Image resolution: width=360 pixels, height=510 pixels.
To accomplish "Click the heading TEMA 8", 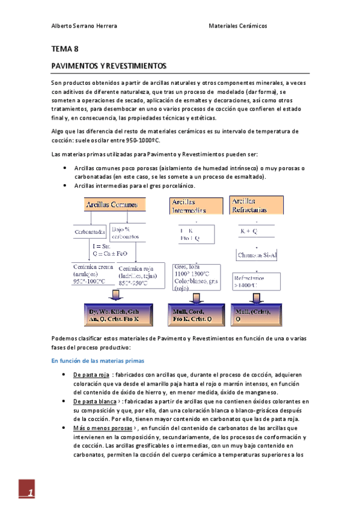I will click(64, 49).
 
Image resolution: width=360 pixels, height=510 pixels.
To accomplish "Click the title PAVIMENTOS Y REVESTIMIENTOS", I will click(108, 65).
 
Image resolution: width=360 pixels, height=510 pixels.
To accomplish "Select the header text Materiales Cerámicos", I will click(237, 26).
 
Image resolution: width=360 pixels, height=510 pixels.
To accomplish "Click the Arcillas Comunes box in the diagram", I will click(112, 205).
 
